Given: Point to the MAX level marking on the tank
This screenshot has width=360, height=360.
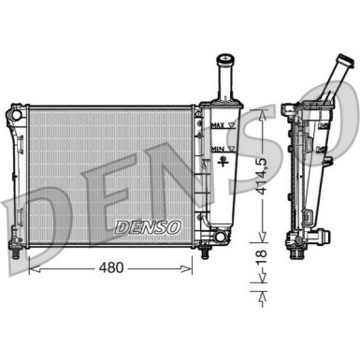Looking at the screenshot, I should (x=218, y=124).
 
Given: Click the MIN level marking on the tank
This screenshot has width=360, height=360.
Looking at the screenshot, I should (x=218, y=148).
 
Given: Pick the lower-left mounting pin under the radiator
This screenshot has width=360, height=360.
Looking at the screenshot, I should (x=17, y=252).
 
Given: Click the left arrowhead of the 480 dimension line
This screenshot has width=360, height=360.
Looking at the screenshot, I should (x=34, y=268).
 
